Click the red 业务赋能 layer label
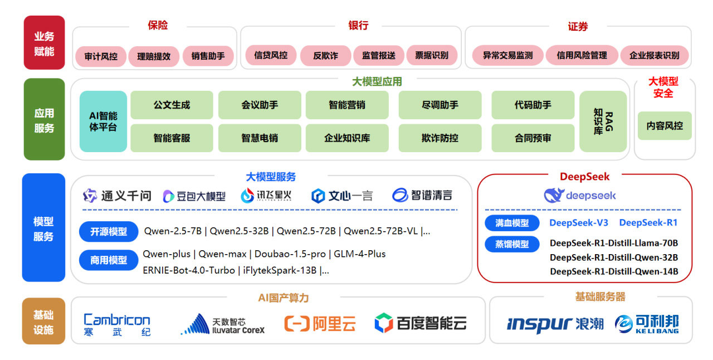pos(44,43)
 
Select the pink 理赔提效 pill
pos(154,56)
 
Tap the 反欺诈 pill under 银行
pos(325,56)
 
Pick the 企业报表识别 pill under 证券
pos(654,56)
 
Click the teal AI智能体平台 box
pos(103,121)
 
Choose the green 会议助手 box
pos(260,105)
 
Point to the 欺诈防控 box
pos(439,138)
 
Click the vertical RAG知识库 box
pos(603,121)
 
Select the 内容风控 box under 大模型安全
pos(665,125)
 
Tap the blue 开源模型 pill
pos(109,231)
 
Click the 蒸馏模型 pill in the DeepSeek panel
pos(512,244)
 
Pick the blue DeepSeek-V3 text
pos(579,223)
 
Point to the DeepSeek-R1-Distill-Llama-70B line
pos(614,243)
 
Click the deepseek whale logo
pos(580,196)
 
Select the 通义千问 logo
pos(117,196)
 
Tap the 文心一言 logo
pos(342,196)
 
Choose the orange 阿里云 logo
pos(320,323)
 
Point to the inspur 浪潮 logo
pos(555,324)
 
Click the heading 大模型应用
pos(377,82)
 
